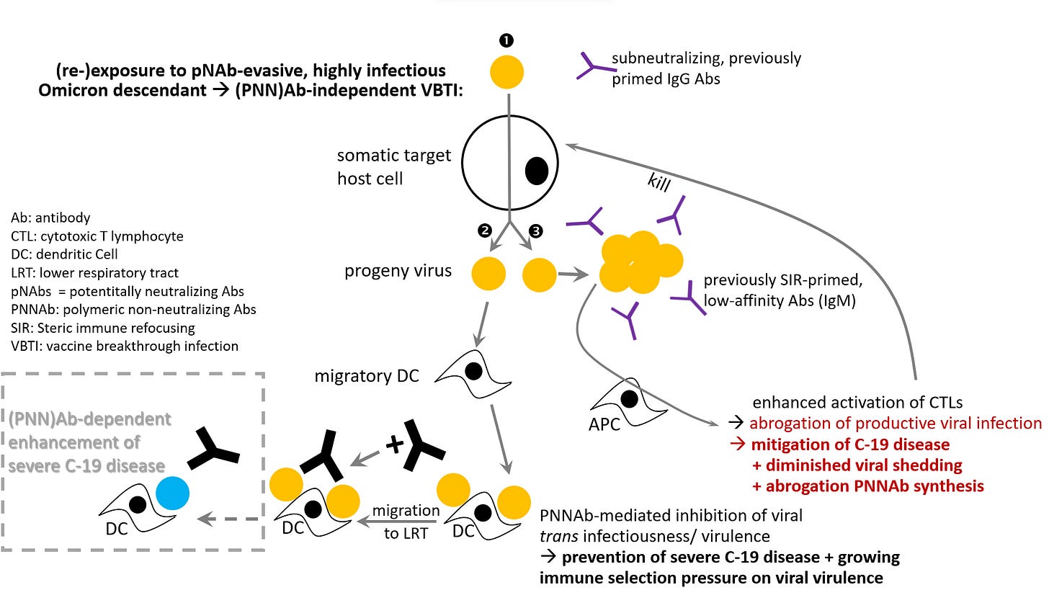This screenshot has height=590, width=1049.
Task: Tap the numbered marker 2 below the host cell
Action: click(x=485, y=230)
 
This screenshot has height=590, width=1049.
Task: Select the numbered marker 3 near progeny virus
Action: click(x=535, y=231)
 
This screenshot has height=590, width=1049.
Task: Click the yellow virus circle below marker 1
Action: click(x=509, y=73)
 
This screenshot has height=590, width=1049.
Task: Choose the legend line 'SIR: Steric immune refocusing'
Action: click(x=103, y=327)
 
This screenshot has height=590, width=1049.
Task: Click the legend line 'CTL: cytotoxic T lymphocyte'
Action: click(x=97, y=236)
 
